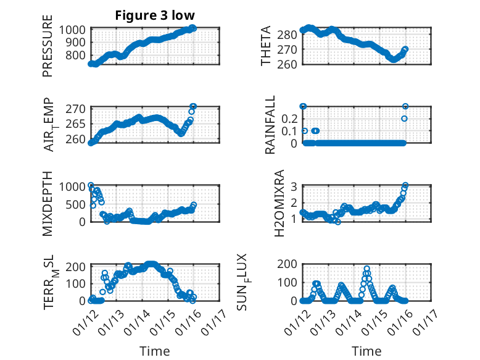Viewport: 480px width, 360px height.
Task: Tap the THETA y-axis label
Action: [x=266, y=46]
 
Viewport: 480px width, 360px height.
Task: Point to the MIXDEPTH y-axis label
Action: [x=48, y=203]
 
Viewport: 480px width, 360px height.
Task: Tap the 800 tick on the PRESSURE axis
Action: [x=78, y=56]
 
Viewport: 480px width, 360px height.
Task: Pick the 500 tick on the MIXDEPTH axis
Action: [x=78, y=204]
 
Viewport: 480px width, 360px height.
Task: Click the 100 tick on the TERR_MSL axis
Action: [x=78, y=283]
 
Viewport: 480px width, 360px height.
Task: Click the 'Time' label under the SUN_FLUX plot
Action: [x=366, y=351]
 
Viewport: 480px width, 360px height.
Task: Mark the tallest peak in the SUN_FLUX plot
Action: [x=366, y=269]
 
